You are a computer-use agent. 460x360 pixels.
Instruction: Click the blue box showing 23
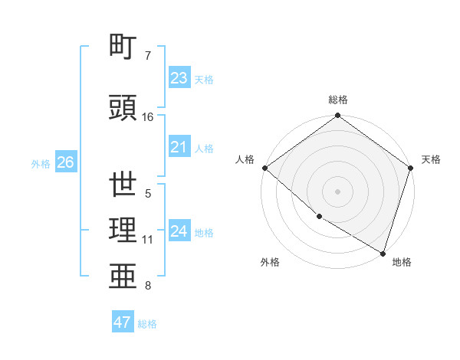179,78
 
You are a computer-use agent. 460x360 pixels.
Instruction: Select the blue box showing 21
179,147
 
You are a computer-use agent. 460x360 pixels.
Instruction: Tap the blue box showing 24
179,231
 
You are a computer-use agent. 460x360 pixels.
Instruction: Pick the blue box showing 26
65,162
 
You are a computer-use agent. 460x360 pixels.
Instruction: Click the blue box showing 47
123,322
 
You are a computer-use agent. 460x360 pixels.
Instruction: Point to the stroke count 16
148,117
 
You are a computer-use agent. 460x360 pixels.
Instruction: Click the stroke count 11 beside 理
148,240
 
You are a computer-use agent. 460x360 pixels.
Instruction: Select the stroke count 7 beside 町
148,56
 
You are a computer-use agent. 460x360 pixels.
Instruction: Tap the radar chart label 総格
338,100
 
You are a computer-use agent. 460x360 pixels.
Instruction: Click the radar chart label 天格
431,159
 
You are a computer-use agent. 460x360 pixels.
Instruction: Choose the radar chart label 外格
270,262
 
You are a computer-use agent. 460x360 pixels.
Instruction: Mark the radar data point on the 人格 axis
264,168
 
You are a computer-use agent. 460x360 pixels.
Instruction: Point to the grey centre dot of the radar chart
338,191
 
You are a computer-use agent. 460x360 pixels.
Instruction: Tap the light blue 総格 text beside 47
147,324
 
